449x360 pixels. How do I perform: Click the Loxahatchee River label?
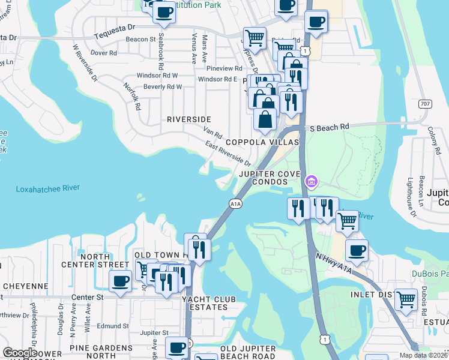click(47, 188)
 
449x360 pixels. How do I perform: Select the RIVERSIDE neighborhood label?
click(188, 119)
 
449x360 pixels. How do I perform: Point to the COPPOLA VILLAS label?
click(262, 142)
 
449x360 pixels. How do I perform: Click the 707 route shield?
click(425, 104)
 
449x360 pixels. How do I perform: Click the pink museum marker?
click(311, 181)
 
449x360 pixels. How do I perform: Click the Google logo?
click(20, 353)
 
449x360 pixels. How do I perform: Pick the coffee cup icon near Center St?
click(119, 281)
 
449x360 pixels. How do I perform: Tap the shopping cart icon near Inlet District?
click(406, 298)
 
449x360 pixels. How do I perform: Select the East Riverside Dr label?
click(227, 154)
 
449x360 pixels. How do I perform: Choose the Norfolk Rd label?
click(132, 96)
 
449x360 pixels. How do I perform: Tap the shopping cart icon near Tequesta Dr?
click(255, 38)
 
